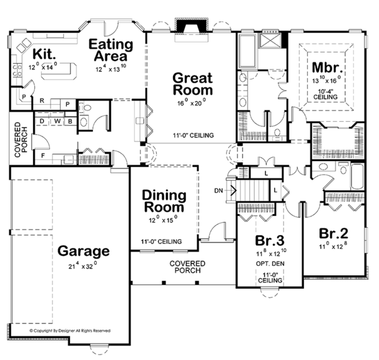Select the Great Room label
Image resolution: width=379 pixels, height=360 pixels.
pos(193,85)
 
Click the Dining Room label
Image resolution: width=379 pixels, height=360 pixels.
pos(163,201)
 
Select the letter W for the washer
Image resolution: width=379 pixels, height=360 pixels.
pos(56,120)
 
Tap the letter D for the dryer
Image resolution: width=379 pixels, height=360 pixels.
pos(42,120)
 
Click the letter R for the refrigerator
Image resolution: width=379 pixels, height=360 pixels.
pos(41,100)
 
